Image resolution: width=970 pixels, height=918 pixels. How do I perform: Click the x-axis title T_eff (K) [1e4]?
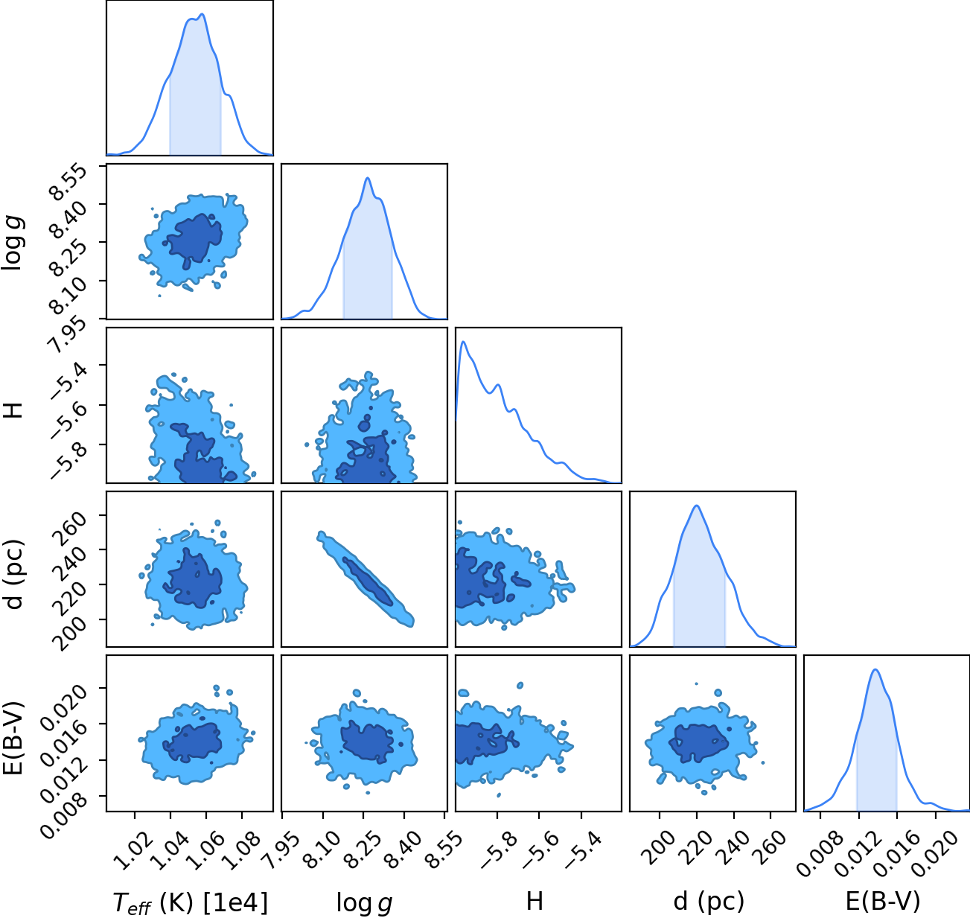[x=191, y=902]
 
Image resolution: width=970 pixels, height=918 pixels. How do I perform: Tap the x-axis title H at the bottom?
[x=535, y=901]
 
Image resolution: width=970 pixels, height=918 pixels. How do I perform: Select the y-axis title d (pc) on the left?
[x=14, y=575]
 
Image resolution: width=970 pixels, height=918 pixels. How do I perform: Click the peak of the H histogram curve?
[x=463, y=341]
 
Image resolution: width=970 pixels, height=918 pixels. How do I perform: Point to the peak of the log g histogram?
[x=367, y=178]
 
